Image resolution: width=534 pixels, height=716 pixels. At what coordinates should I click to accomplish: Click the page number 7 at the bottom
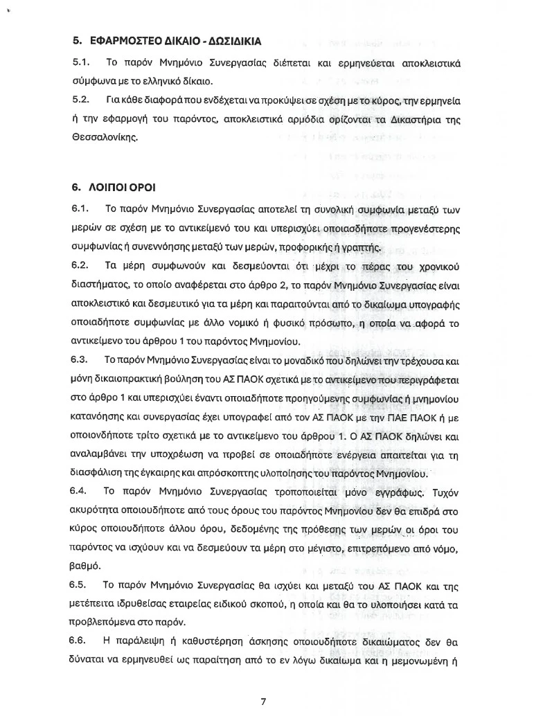[262, 701]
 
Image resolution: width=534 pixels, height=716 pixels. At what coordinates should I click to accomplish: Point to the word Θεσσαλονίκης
[105, 138]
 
